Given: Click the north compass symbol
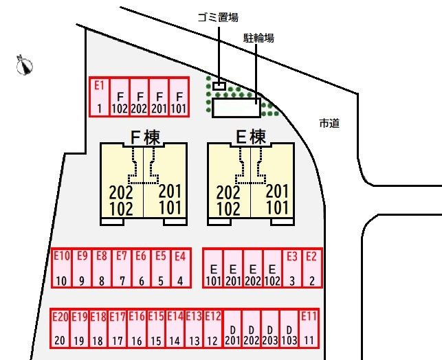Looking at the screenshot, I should coord(25,65).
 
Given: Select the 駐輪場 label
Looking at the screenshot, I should coord(258,38).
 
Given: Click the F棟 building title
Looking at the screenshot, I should coord(144,137).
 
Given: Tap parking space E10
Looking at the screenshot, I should coord(61,268).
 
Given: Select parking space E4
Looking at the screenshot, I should coord(180,268).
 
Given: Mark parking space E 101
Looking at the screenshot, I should coord(213,268).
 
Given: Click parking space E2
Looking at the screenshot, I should coord(311,268).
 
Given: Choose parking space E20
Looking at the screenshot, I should coord(60,328).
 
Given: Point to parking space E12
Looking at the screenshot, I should coord(212,328).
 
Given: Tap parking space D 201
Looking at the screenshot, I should coord(232,328).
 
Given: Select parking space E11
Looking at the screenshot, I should coord(309,328).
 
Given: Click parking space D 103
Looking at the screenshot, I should coord(289,328).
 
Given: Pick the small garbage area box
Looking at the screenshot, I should coord(219,86).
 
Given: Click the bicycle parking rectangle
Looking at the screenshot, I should coord(236,108).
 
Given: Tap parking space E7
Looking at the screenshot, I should coord(122,268).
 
